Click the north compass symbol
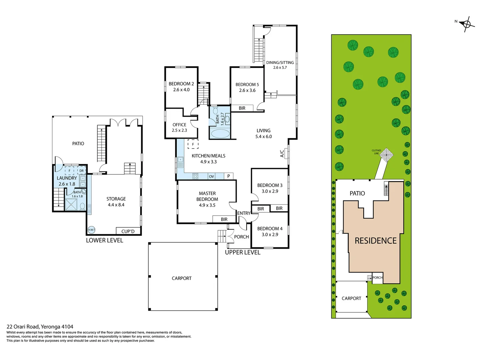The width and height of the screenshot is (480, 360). [x=467, y=24]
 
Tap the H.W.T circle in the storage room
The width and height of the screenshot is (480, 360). [x=91, y=230]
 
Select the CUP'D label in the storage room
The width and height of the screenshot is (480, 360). [x=128, y=231]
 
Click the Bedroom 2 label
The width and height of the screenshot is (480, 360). [x=181, y=84]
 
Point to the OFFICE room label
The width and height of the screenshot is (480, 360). [x=179, y=125]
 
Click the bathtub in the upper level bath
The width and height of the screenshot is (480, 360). [x=220, y=134]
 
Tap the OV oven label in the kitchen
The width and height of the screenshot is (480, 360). [x=211, y=176]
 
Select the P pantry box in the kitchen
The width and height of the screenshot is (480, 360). [x=229, y=176]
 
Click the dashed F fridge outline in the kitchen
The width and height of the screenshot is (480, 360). [x=193, y=144]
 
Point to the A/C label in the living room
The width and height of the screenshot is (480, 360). [x=282, y=153]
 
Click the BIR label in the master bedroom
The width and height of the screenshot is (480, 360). [x=224, y=219]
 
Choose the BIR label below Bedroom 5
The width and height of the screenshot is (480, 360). [x=242, y=108]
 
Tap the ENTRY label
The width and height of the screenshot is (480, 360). [x=244, y=213]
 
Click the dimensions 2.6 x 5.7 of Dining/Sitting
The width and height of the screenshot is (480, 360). [x=280, y=68]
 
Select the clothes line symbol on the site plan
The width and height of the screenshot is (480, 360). [x=387, y=155]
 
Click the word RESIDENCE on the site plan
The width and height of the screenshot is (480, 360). [x=375, y=241]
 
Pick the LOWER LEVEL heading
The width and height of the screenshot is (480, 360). [x=104, y=240]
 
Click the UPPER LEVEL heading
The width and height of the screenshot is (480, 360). [x=242, y=252]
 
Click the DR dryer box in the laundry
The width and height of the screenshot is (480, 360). [x=82, y=171]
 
